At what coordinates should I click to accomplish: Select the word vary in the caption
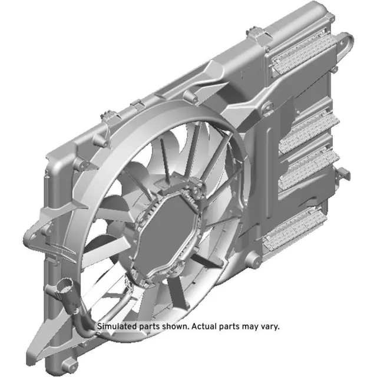269,326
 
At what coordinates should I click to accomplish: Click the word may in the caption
250,326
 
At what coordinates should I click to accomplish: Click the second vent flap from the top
308,131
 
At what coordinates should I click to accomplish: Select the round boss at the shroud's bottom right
254,261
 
